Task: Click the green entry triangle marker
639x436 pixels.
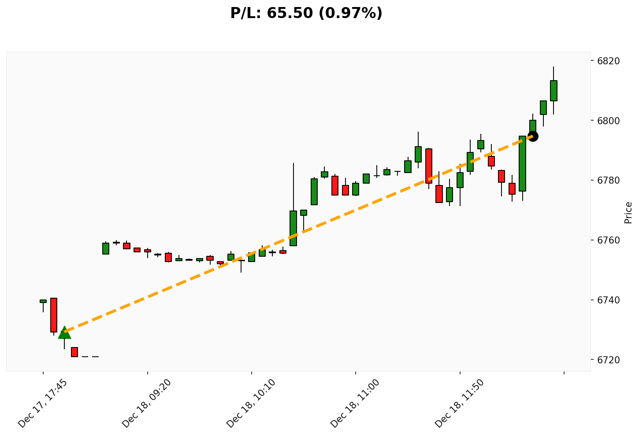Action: [64, 333]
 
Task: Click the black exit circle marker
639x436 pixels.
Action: [533, 136]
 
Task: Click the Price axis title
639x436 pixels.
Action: [628, 212]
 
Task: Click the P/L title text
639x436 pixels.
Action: [306, 13]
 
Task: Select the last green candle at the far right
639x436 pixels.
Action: [554, 91]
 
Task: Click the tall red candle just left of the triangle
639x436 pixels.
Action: [54, 315]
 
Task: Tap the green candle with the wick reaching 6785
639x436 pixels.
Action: [293, 228]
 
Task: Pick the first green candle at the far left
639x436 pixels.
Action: [43, 301]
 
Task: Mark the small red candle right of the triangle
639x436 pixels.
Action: [74, 352]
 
